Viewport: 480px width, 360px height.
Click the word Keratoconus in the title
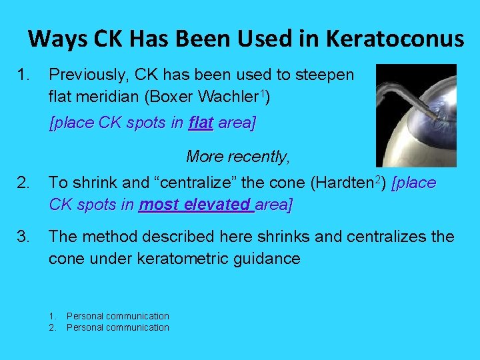pos(395,39)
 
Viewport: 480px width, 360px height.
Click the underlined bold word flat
pos(201,123)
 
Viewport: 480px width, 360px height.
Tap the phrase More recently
pos(238,157)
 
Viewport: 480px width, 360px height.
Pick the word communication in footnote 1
pos(137,316)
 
